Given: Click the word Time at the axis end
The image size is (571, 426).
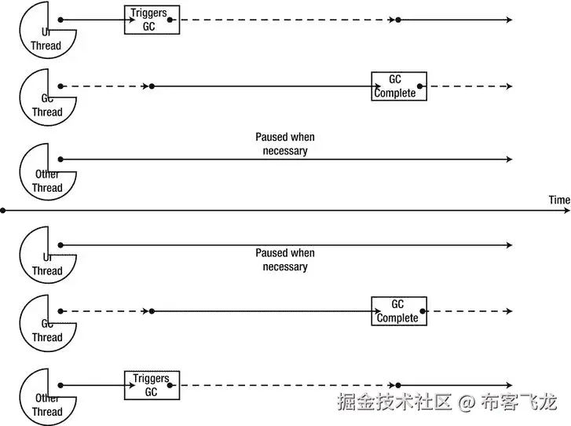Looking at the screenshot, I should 559,200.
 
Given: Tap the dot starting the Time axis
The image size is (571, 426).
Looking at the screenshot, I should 3,211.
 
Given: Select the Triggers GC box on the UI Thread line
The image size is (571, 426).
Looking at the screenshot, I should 152,19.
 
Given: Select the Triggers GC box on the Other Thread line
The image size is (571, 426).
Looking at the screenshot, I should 152,385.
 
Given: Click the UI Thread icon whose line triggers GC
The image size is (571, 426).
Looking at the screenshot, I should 46,29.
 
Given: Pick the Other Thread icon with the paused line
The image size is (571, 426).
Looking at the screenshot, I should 46,171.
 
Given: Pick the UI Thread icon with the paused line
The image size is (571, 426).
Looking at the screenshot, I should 46,255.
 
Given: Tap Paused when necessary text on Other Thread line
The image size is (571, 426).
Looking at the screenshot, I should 285,144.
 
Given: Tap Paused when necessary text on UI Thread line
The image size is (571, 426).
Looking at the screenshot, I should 285,259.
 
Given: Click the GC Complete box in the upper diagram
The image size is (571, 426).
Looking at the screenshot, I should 399,86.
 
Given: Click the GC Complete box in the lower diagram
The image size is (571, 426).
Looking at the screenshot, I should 399,311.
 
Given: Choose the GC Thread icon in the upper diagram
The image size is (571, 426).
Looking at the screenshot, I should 46,96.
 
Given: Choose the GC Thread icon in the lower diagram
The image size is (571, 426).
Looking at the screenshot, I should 46,321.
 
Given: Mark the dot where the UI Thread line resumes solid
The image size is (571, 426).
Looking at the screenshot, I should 398,19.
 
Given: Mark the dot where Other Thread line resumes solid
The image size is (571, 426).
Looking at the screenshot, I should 398,385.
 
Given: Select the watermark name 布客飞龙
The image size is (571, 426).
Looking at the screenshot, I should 519,402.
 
